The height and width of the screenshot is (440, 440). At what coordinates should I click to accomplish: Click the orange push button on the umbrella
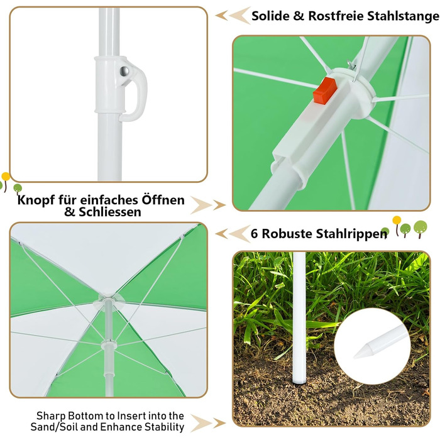tap(325, 91)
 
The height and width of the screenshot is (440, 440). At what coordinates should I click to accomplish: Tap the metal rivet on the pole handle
tap(124, 71)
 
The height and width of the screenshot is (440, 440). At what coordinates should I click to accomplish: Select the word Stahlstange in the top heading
tap(403, 16)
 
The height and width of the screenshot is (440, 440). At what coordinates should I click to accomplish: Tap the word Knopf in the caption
tap(36, 201)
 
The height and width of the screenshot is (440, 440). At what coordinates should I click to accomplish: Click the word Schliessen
tap(110, 212)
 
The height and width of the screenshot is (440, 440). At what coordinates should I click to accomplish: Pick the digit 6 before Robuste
tap(254, 233)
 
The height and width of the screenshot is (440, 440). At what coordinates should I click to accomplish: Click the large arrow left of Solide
tap(239, 16)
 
